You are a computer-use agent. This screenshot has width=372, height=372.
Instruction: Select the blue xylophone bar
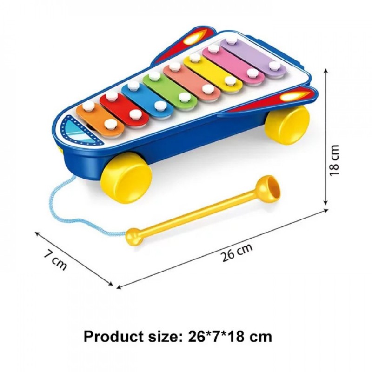coord(147,99)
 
